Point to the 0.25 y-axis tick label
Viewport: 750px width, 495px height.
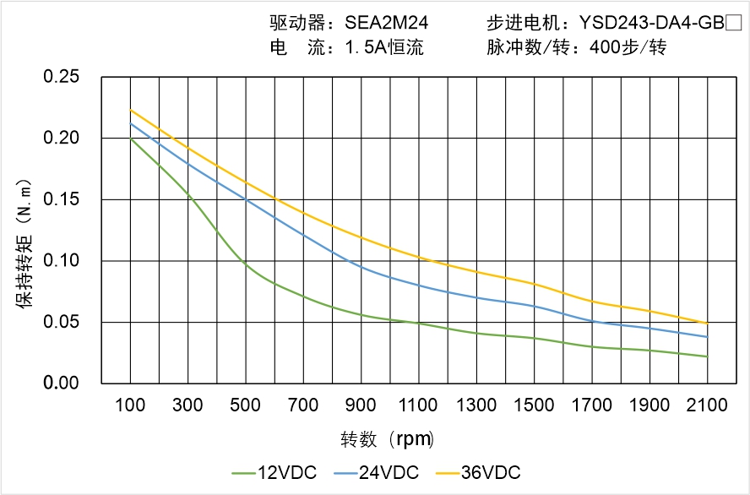pyautogui.click(x=61, y=77)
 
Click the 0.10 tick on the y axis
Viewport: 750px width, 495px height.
pyautogui.click(x=61, y=260)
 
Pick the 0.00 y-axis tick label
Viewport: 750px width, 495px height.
pyautogui.click(x=61, y=383)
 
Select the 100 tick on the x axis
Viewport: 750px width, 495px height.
pyautogui.click(x=129, y=405)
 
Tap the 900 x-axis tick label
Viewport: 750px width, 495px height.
pyautogui.click(x=361, y=405)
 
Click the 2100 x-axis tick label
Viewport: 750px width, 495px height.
pyautogui.click(x=707, y=405)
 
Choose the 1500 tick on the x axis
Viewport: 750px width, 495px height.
pyautogui.click(x=534, y=405)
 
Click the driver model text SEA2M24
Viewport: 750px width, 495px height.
pyautogui.click(x=368, y=24)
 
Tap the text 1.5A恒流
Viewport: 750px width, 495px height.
pyautogui.click(x=384, y=48)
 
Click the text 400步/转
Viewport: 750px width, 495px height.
pyautogui.click(x=628, y=48)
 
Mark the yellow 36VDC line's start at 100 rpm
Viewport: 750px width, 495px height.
pyautogui.click(x=130, y=110)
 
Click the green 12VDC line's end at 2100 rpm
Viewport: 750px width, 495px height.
pyautogui.click(x=707, y=356)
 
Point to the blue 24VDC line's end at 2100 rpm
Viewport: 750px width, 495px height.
pyautogui.click(x=707, y=337)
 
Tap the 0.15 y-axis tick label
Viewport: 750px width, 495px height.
pyautogui.click(x=61, y=199)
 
